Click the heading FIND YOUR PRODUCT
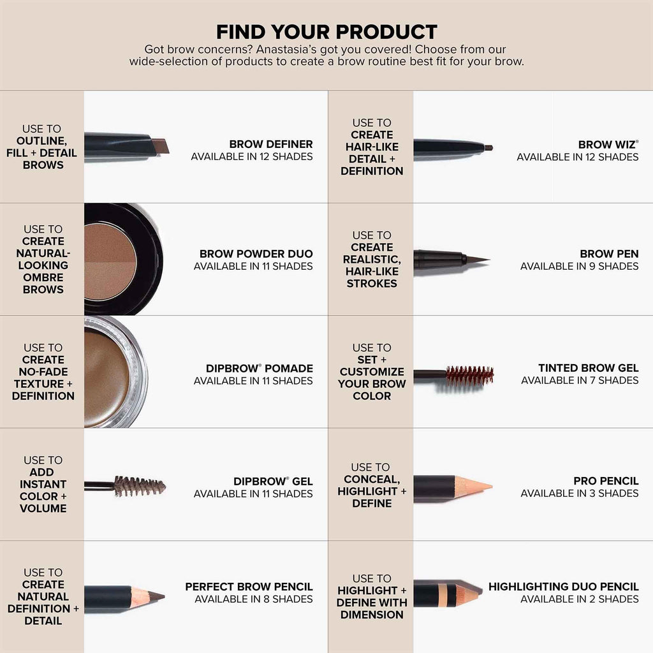click(x=326, y=32)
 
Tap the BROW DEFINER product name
click(x=271, y=144)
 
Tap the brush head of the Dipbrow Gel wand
click(x=139, y=486)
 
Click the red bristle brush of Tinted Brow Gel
click(x=469, y=375)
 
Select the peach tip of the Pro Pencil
click(x=477, y=487)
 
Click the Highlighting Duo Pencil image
click(x=446, y=593)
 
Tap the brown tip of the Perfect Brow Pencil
click(x=156, y=597)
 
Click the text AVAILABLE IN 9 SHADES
click(x=579, y=266)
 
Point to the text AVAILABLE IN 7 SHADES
click(x=580, y=380)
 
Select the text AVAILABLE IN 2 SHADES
click(x=579, y=599)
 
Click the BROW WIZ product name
click(x=607, y=145)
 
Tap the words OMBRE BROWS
click(x=43, y=283)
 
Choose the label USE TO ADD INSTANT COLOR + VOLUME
click(x=43, y=484)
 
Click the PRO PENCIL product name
click(x=606, y=481)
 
